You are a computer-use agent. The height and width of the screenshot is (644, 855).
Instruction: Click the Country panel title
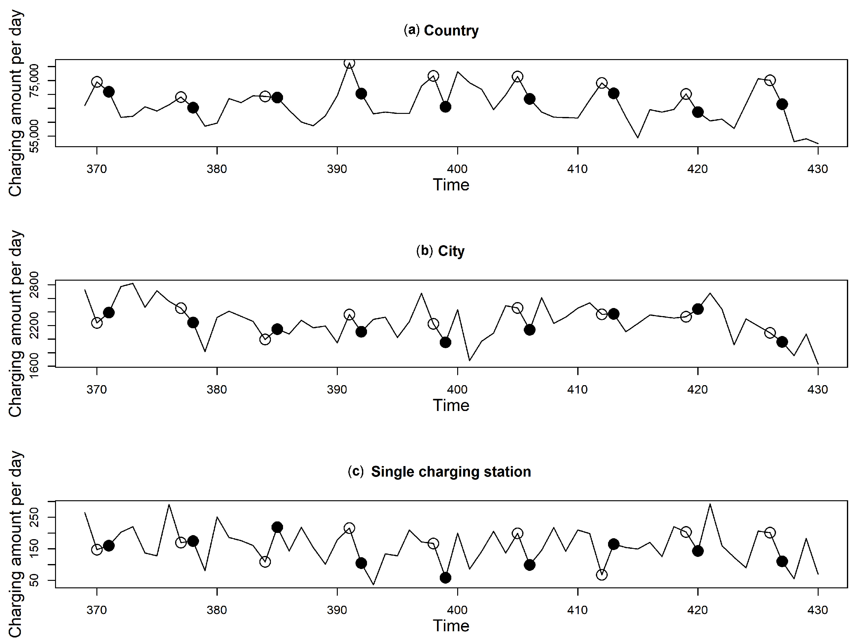click(441, 30)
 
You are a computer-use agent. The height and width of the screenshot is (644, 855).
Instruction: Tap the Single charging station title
click(439, 472)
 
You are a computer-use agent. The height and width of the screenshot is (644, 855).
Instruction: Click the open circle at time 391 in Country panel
click(349, 63)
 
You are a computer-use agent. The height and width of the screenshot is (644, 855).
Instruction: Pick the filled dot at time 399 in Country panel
click(445, 107)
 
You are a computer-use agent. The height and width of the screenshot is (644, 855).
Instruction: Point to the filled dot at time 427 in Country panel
click(782, 104)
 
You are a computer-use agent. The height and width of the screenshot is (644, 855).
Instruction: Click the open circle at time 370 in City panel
click(97, 323)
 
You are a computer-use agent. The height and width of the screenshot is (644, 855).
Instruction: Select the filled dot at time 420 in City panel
click(698, 309)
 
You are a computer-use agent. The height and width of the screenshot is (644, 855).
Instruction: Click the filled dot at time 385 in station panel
click(277, 527)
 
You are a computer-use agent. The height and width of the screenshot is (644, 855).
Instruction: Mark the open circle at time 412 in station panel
click(602, 575)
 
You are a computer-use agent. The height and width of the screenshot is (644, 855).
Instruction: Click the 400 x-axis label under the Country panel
click(457, 169)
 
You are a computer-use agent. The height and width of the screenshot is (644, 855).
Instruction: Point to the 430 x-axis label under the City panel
click(817, 389)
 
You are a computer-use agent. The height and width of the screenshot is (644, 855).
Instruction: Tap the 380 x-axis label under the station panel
click(217, 610)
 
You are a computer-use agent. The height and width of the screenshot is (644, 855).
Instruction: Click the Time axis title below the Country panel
click(451, 185)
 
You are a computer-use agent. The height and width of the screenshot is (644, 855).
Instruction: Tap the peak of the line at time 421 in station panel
click(710, 504)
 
